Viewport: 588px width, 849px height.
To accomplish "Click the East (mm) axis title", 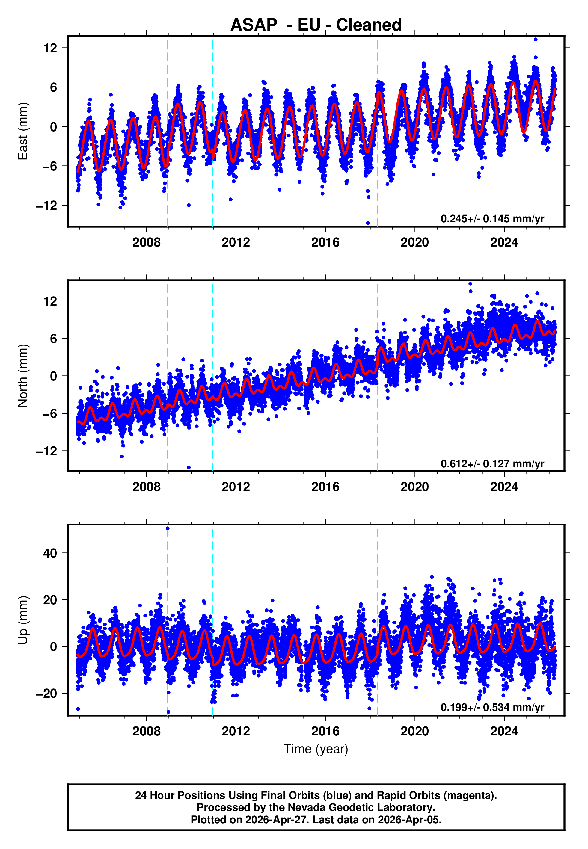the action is pyautogui.click(x=23, y=131).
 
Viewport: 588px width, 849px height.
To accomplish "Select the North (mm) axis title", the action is pyautogui.click(x=23, y=376).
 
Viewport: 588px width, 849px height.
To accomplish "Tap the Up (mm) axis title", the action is pyautogui.click(x=23, y=620).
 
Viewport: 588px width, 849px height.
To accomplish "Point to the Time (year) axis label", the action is pyautogui.click(x=316, y=749).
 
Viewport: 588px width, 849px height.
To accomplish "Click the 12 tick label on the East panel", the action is pyautogui.click(x=50, y=48).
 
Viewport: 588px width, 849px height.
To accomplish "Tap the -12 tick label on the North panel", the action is pyautogui.click(x=46, y=451).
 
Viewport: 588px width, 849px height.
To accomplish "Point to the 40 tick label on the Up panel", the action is pyautogui.click(x=50, y=553).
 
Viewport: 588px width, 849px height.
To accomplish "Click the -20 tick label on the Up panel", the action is pyautogui.click(x=46, y=693).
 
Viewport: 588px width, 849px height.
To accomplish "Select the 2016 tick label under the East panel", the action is pyautogui.click(x=325, y=242).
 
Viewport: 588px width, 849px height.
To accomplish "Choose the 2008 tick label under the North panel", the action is pyautogui.click(x=147, y=487).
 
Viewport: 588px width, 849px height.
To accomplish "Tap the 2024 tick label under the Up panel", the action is pyautogui.click(x=504, y=731).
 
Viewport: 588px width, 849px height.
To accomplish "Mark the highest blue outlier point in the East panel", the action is pyautogui.click(x=535, y=39).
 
